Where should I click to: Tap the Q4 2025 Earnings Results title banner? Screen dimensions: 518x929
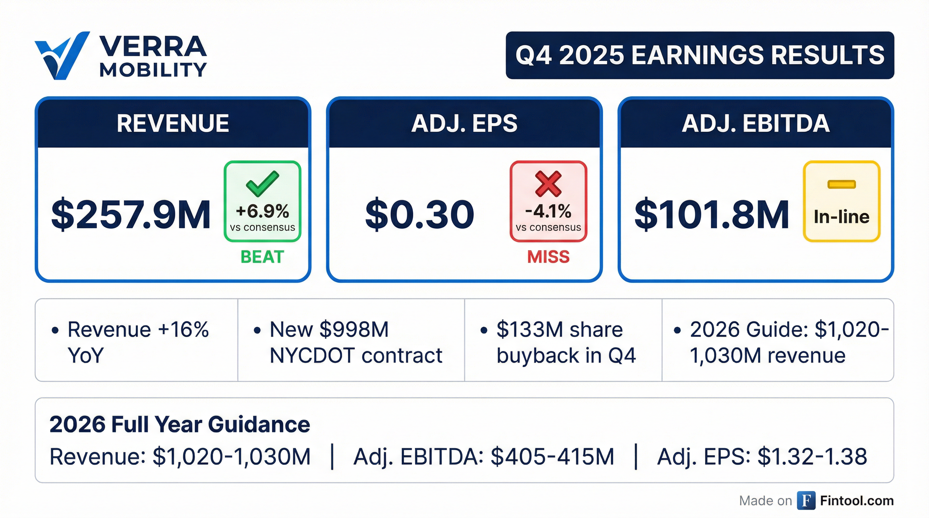(700, 55)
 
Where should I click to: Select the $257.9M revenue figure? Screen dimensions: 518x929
(131, 215)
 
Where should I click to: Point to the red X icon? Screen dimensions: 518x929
(548, 184)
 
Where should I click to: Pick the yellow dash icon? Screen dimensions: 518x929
(841, 184)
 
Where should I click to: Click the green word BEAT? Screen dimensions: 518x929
(262, 257)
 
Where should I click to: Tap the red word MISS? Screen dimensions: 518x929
(548, 257)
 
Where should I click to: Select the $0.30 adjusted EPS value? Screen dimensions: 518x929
(419, 215)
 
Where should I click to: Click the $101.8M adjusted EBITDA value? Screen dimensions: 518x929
(712, 215)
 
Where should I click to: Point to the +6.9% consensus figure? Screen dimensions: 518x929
(263, 211)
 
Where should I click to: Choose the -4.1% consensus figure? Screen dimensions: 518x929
(548, 211)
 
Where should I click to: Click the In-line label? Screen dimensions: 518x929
(841, 217)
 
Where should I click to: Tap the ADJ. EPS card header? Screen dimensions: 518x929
(464, 123)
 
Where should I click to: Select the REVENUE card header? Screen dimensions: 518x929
(173, 123)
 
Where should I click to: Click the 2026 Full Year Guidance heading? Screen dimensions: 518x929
(180, 424)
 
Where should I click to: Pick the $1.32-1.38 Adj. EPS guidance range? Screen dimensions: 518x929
(812, 457)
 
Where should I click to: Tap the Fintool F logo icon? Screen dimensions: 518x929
(806, 501)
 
